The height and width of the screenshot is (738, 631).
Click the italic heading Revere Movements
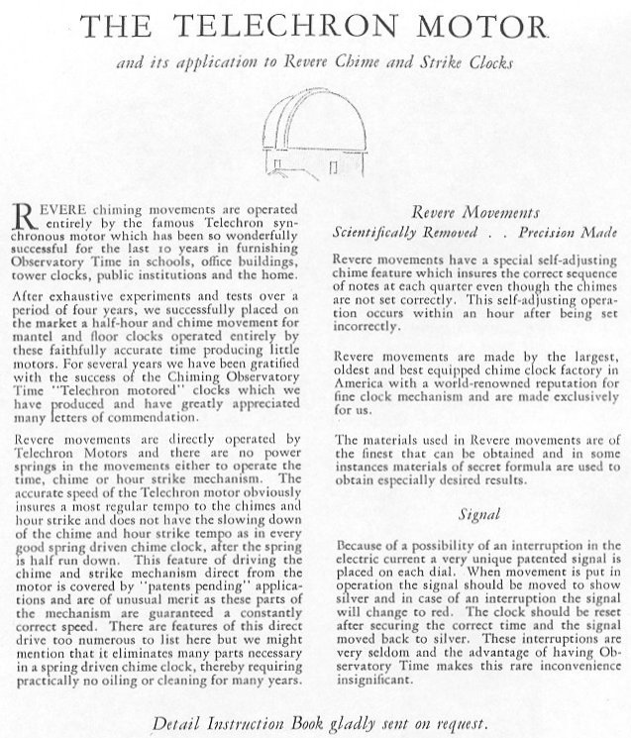pyautogui.click(x=473, y=212)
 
